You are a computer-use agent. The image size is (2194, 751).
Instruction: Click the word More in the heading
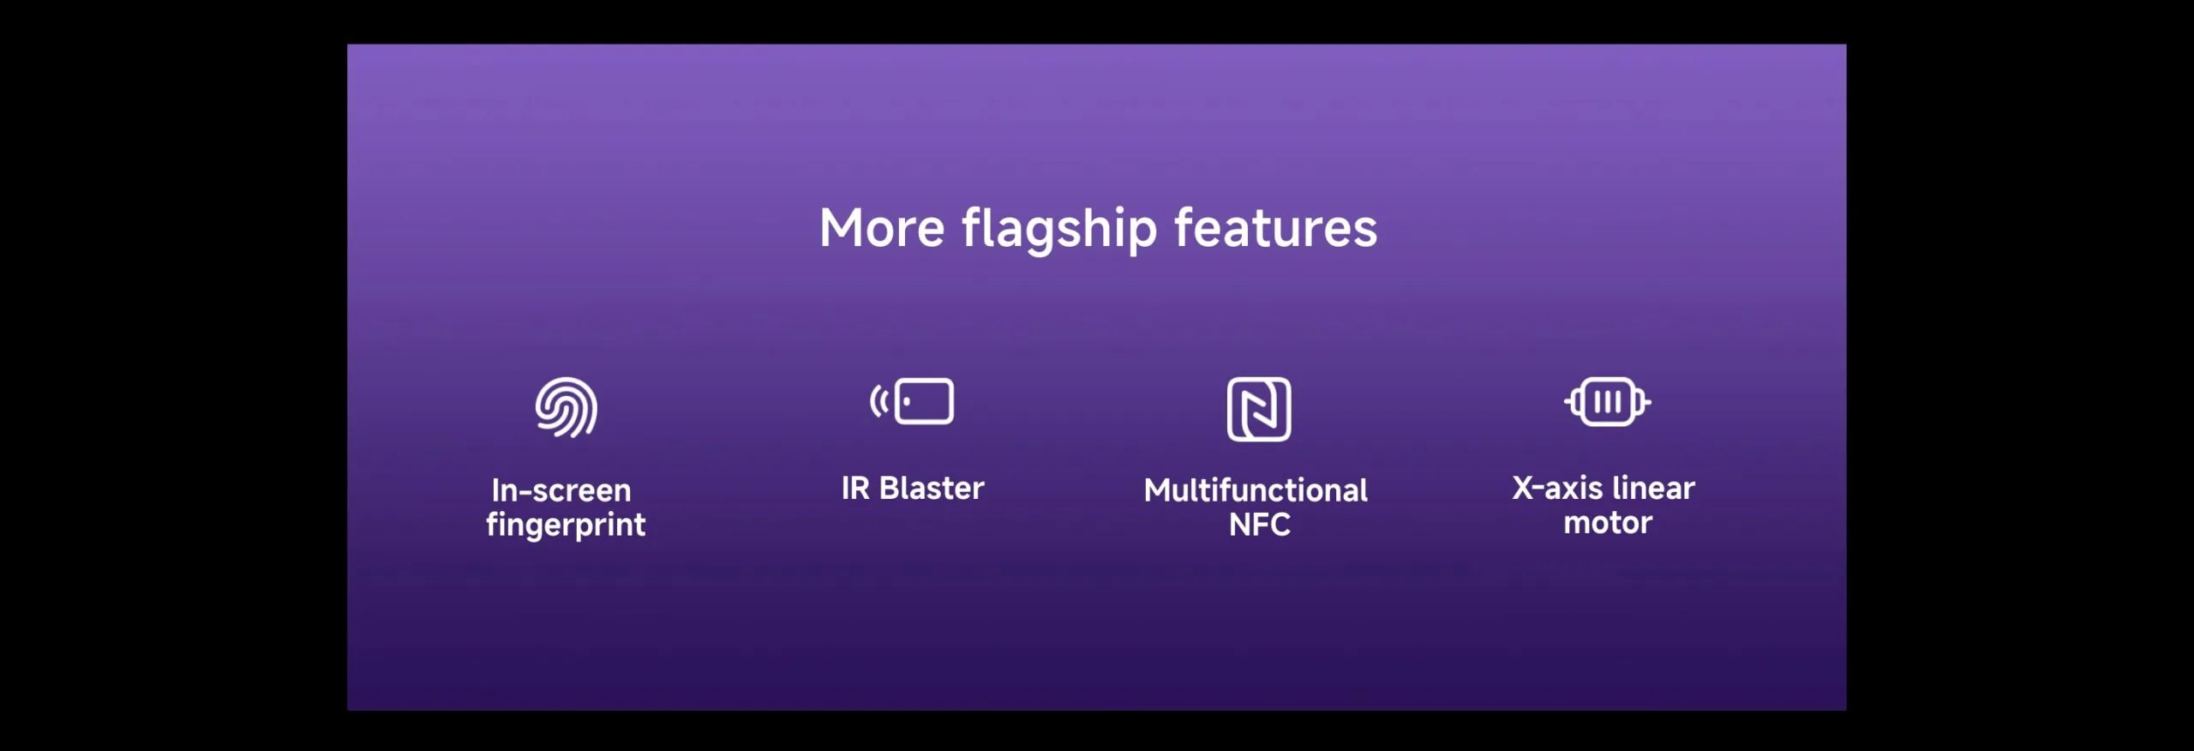click(882, 228)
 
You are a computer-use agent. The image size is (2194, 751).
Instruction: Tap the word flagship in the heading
click(1059, 230)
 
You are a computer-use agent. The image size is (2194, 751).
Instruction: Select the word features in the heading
click(1275, 228)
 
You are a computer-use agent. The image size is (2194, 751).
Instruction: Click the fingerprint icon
click(566, 407)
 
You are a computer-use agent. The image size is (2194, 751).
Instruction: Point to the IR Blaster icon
click(912, 401)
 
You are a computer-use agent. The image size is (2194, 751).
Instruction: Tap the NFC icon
click(1259, 409)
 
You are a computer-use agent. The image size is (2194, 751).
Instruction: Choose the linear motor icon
click(1608, 401)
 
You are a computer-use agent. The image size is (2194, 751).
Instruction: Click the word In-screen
click(561, 490)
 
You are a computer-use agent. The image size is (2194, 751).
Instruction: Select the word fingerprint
click(566, 525)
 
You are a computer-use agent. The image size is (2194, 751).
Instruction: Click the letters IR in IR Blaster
click(855, 488)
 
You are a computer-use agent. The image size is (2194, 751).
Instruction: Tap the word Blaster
click(932, 488)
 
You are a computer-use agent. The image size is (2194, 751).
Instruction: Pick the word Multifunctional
click(1256, 490)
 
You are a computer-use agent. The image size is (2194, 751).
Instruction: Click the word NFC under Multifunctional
click(1259, 525)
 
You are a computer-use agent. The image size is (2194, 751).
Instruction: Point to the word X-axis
click(1557, 488)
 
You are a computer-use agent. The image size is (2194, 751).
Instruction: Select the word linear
click(1653, 488)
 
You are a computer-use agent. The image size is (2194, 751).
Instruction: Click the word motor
click(1608, 523)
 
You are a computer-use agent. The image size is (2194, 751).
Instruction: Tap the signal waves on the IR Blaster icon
click(879, 401)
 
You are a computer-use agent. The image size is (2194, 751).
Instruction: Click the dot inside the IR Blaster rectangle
click(907, 401)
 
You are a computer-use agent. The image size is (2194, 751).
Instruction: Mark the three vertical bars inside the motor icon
click(1608, 401)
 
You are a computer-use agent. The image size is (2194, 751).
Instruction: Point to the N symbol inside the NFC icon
click(1259, 409)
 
